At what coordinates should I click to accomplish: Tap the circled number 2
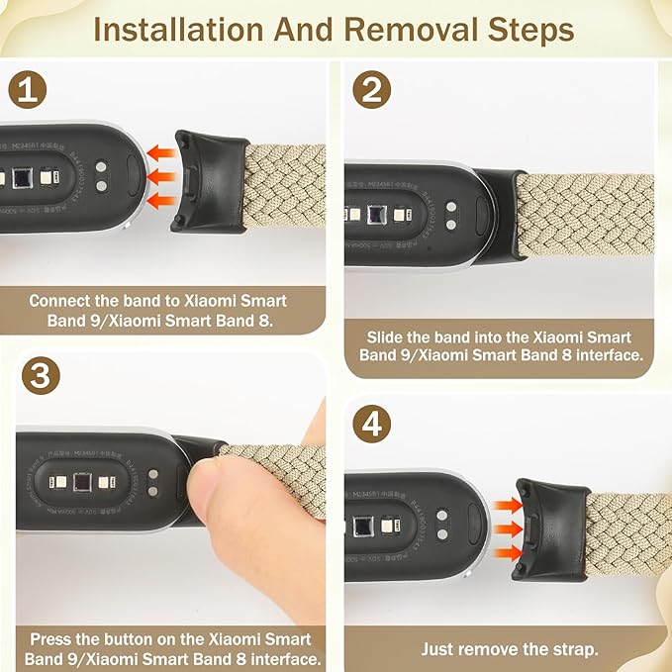[x=372, y=91]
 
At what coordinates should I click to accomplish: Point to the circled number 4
[x=372, y=426]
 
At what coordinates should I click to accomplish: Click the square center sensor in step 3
[x=83, y=483]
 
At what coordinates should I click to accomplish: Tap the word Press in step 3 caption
[x=51, y=639]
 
